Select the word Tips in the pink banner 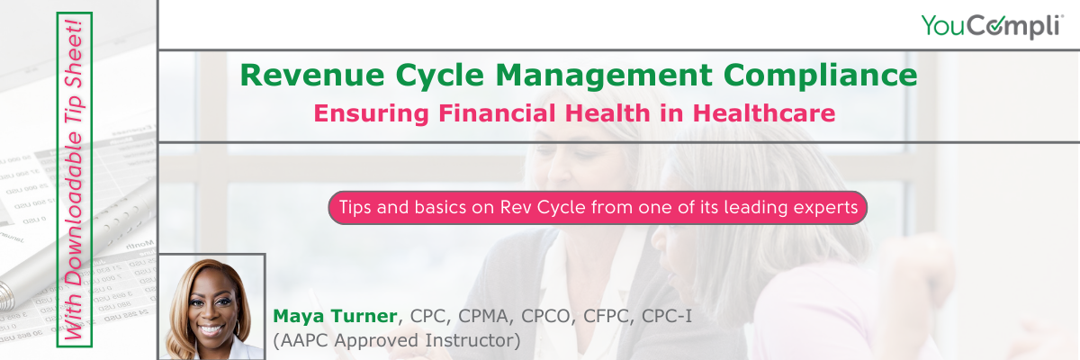[x=354, y=207]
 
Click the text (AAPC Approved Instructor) [x=397, y=341]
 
